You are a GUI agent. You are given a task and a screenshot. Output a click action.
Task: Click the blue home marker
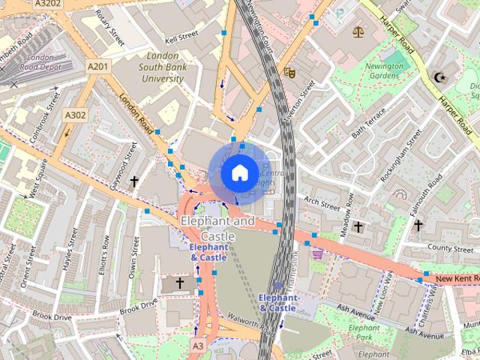(x=238, y=172)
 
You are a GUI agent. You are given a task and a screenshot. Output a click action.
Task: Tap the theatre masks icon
(x=289, y=72)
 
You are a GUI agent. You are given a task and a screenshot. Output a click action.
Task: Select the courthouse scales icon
(x=357, y=32)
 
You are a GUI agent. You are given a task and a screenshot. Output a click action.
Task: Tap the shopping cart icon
(x=317, y=254)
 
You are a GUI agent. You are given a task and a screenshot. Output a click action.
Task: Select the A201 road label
(x=98, y=67)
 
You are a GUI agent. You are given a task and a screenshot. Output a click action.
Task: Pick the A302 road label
(x=75, y=115)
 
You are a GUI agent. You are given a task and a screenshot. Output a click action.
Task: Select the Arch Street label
(x=322, y=202)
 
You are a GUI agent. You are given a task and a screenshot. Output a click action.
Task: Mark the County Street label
(x=450, y=247)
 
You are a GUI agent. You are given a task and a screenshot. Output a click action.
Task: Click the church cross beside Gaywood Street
(x=134, y=181)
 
